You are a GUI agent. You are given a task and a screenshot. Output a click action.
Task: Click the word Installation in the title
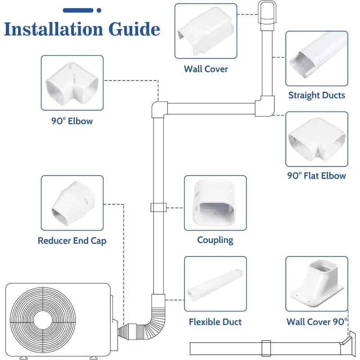(x=54, y=29)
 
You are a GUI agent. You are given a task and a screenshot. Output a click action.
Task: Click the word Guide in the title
(x=134, y=29)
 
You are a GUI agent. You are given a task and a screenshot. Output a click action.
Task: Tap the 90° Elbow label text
(x=72, y=121)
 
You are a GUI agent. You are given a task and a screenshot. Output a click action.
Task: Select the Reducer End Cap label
(x=72, y=241)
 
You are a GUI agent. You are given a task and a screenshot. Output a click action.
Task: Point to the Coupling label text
(x=215, y=240)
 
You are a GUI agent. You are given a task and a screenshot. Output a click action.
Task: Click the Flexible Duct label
(x=215, y=322)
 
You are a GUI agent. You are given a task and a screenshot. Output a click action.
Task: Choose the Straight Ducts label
(x=317, y=95)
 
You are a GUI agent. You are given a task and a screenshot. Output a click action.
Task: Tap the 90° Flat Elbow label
(x=317, y=175)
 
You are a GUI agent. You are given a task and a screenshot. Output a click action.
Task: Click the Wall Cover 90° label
(x=317, y=322)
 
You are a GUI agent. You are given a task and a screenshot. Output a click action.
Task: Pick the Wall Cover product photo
(x=206, y=31)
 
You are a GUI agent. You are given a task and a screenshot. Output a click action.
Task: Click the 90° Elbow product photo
(x=72, y=83)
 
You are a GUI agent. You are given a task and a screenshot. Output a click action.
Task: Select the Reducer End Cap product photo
(x=72, y=203)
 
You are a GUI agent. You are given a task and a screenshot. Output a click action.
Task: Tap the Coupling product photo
(x=215, y=203)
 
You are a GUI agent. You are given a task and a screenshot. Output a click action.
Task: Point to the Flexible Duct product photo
(x=215, y=284)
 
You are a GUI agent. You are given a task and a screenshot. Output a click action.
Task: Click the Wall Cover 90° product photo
(x=317, y=284)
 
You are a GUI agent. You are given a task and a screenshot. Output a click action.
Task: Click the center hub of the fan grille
(x=43, y=319)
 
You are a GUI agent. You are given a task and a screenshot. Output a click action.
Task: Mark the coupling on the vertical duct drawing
(x=158, y=207)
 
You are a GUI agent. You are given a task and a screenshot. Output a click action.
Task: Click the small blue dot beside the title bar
(x=99, y=10)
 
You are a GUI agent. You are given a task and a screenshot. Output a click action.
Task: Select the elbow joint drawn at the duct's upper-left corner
(x=159, y=109)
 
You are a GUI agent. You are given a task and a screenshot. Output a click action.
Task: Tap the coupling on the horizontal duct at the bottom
(x=266, y=348)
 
